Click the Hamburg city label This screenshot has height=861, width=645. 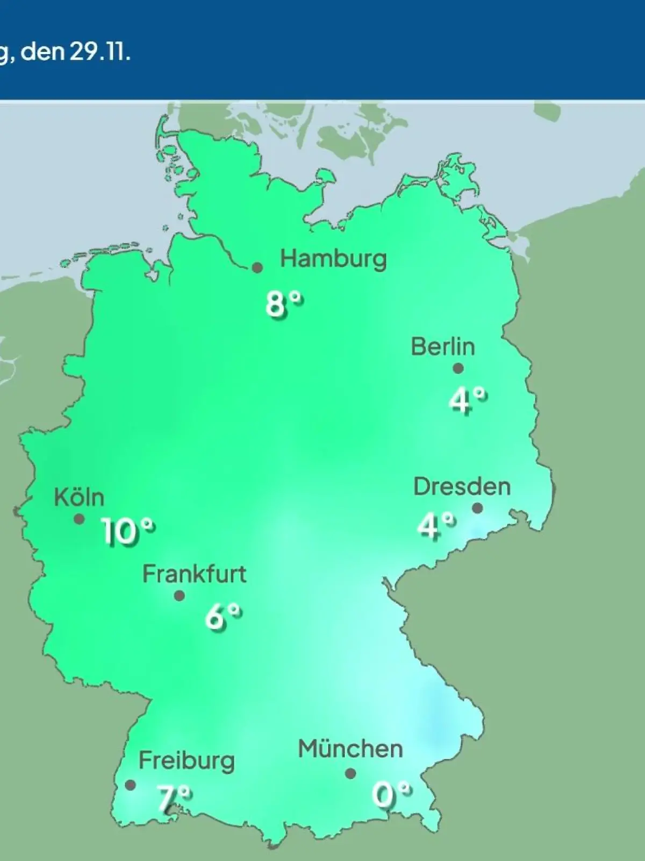(x=333, y=259)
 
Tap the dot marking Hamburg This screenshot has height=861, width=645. (x=257, y=267)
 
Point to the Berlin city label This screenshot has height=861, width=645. (x=443, y=347)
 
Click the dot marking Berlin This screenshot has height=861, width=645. (x=458, y=369)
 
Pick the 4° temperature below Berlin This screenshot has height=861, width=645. (x=468, y=400)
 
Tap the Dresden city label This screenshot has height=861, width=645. (x=462, y=486)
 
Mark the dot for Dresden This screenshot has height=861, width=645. (x=477, y=508)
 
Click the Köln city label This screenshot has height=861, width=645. (x=79, y=497)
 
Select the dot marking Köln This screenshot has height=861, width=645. (x=79, y=519)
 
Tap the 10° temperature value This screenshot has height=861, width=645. (x=128, y=533)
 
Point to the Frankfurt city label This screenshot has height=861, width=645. (x=194, y=574)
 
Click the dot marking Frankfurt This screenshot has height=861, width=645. (x=180, y=596)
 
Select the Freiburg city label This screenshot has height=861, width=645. (x=187, y=761)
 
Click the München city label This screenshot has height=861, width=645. (x=350, y=749)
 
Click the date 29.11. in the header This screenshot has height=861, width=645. (x=99, y=52)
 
